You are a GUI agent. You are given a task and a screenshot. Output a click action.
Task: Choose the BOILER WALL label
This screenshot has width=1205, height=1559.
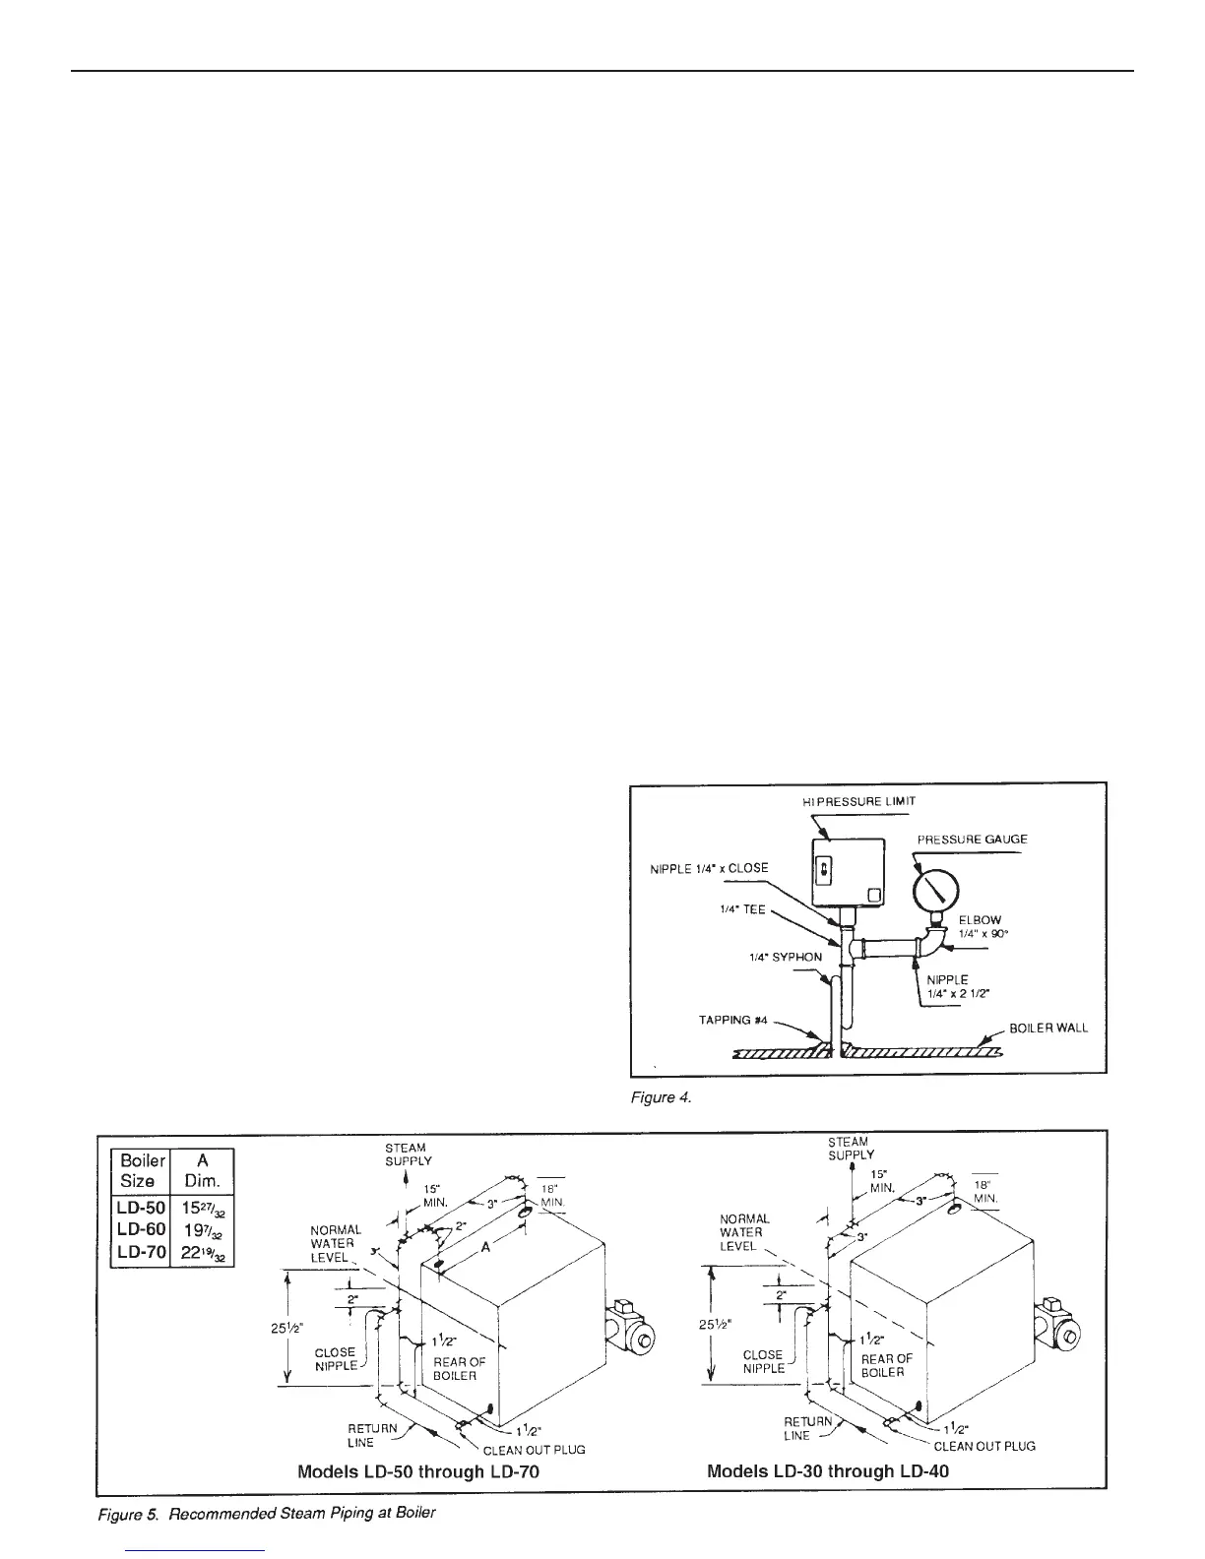(1048, 1028)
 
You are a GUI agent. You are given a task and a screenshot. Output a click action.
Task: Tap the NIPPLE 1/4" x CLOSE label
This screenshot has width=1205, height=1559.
(709, 868)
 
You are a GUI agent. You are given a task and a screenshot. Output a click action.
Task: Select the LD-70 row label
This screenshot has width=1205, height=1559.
(140, 1252)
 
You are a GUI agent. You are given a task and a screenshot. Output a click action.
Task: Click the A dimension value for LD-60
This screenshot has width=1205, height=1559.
(202, 1230)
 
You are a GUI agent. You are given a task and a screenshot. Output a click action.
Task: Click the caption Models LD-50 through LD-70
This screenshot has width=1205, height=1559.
(418, 1472)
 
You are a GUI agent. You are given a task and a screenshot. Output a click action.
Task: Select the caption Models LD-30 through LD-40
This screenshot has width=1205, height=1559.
(827, 1471)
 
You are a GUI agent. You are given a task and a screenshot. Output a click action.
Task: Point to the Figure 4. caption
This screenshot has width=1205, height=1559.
(661, 1097)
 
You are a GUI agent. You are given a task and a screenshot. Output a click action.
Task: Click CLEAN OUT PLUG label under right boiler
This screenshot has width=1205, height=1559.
(983, 1446)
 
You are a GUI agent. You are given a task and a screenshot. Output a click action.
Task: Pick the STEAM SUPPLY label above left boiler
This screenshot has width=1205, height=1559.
(408, 1154)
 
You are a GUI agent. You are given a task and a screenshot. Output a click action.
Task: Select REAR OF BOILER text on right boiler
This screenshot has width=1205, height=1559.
(886, 1365)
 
